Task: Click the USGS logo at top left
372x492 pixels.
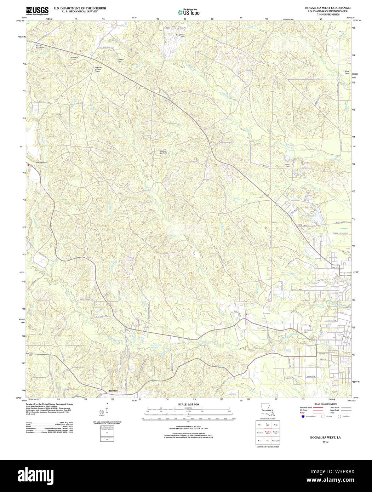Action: click(37, 11)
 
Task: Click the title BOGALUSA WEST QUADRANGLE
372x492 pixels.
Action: click(328, 7)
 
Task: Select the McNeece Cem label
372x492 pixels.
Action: click(74, 58)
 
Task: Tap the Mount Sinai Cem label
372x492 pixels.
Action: click(40, 47)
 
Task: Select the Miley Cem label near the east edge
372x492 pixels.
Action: click(347, 72)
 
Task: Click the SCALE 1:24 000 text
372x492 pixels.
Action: click(188, 404)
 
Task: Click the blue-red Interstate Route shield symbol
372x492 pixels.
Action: click(303, 417)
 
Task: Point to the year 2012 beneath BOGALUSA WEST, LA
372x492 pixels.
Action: click(325, 441)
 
